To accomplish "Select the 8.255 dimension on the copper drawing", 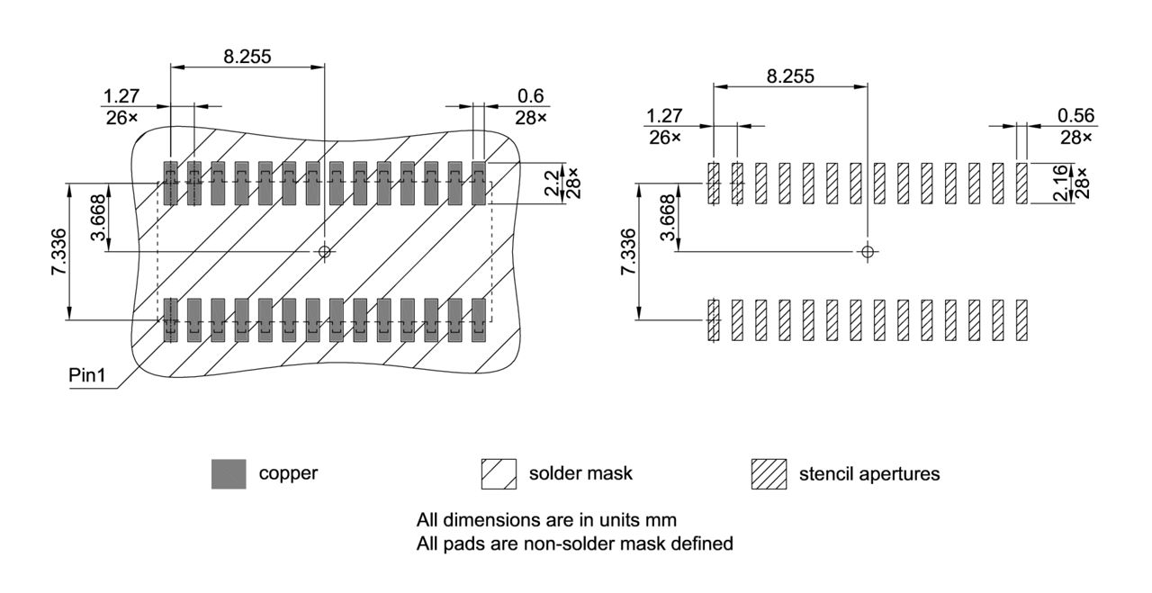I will click(247, 56).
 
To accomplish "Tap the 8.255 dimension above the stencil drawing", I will click(789, 76).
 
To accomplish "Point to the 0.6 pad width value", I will click(530, 96).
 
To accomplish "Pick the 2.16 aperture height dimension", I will click(1060, 184).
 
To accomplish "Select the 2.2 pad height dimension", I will click(550, 183).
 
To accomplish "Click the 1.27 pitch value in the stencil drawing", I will click(664, 115).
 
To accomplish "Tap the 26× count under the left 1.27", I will click(121, 118).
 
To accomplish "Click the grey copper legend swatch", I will click(229, 473).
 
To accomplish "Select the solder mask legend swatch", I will click(499, 473).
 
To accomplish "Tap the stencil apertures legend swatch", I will click(768, 473).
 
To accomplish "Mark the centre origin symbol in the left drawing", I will click(325, 251).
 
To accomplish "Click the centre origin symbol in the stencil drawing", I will click(867, 251).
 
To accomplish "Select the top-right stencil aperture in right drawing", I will click(1021, 184).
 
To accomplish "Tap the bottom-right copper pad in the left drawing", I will click(479, 319).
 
